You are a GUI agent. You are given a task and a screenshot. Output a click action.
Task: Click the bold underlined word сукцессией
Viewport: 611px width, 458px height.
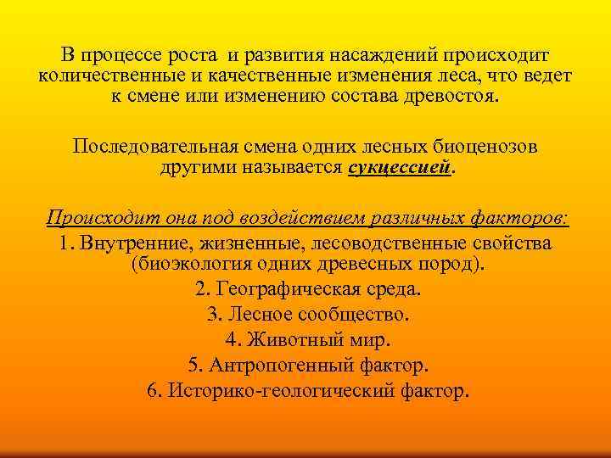(x=397, y=168)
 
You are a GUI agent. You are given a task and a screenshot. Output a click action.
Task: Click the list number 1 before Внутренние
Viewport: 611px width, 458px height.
(x=65, y=243)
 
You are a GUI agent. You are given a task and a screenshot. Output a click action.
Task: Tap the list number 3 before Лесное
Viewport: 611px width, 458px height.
(x=213, y=315)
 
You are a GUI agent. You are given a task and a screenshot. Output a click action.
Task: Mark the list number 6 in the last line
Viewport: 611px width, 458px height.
(x=152, y=392)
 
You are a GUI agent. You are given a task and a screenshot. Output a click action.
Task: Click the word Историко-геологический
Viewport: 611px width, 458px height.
(x=287, y=392)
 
